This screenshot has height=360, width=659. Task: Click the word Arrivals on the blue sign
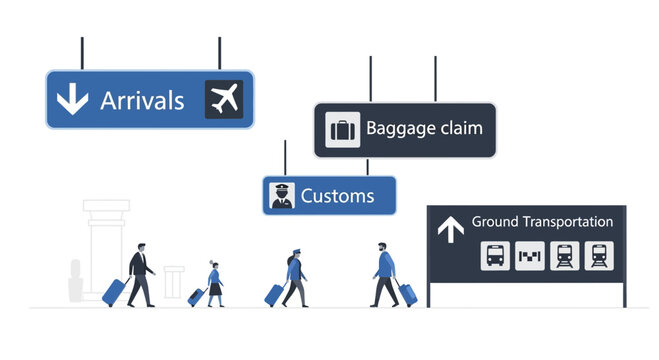tap(142, 100)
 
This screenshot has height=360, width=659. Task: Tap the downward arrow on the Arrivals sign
tap(71, 99)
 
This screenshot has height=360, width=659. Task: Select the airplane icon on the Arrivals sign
tap(224, 98)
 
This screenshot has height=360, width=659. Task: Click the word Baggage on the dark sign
tap(396, 128)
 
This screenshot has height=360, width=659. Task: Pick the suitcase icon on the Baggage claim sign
tap(342, 130)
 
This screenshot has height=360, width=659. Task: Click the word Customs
tap(338, 195)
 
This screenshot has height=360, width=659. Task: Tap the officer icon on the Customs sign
tap(281, 195)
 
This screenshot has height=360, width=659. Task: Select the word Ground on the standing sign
tap(494, 221)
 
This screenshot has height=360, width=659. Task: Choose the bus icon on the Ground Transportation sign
tap(495, 256)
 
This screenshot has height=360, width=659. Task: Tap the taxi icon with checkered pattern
tap(530, 256)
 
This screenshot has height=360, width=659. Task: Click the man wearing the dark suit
tap(140, 272)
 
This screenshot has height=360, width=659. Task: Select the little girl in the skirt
tap(213, 281)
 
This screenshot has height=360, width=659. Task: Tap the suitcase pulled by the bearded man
tap(407, 294)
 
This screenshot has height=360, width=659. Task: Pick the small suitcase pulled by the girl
tap(196, 297)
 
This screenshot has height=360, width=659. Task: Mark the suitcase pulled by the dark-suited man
tap(115, 292)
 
